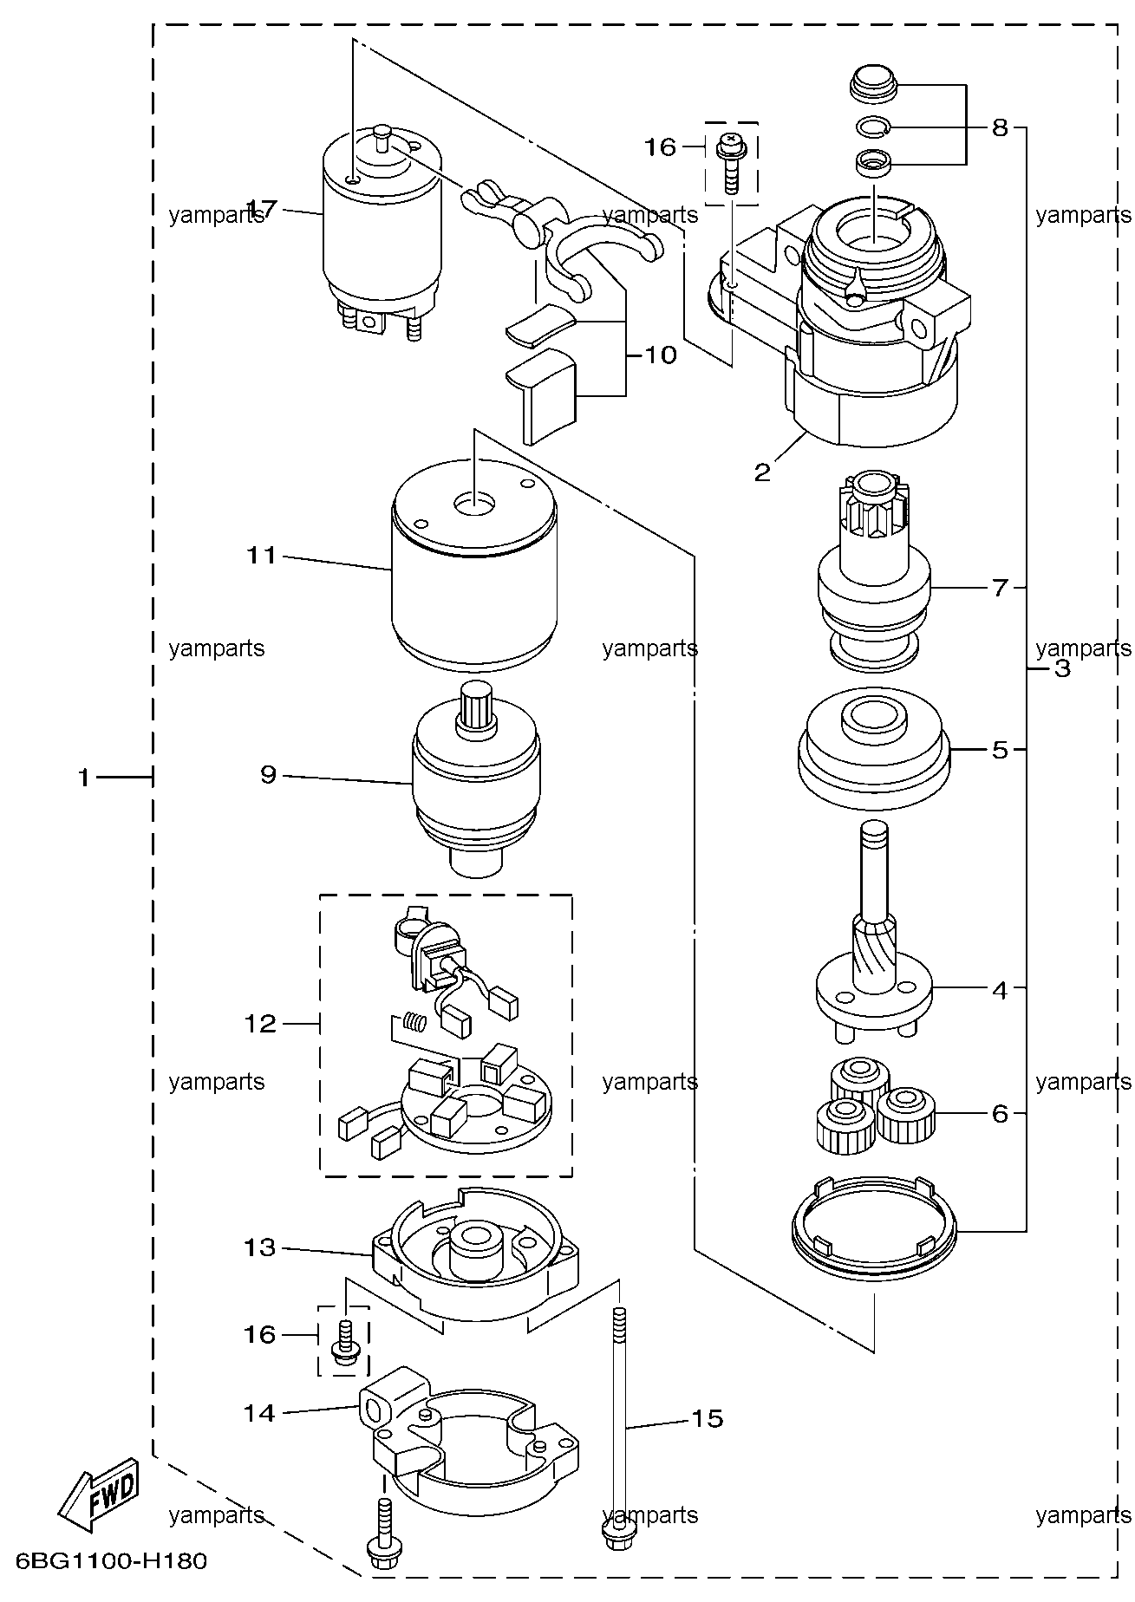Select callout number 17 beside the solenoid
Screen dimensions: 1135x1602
tap(263, 209)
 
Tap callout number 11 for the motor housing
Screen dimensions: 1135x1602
tap(261, 555)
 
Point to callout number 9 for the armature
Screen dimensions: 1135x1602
tap(269, 774)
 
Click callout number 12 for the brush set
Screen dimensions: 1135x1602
tap(261, 1024)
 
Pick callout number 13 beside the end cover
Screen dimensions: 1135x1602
tap(260, 1247)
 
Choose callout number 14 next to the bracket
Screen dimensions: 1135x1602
tap(260, 1413)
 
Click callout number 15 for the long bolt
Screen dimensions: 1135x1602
tap(708, 1418)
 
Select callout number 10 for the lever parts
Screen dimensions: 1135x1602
tap(661, 355)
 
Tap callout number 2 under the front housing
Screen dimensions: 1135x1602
tap(762, 472)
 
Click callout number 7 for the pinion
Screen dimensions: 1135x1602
tap(1001, 588)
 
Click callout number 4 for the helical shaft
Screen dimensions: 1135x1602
tap(1001, 989)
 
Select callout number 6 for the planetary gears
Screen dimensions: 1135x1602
tap(1001, 1113)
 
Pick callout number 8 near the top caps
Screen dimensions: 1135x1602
tap(1001, 128)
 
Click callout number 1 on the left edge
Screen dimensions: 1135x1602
tap(84, 778)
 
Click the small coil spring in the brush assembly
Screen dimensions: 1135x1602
tap(416, 1023)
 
